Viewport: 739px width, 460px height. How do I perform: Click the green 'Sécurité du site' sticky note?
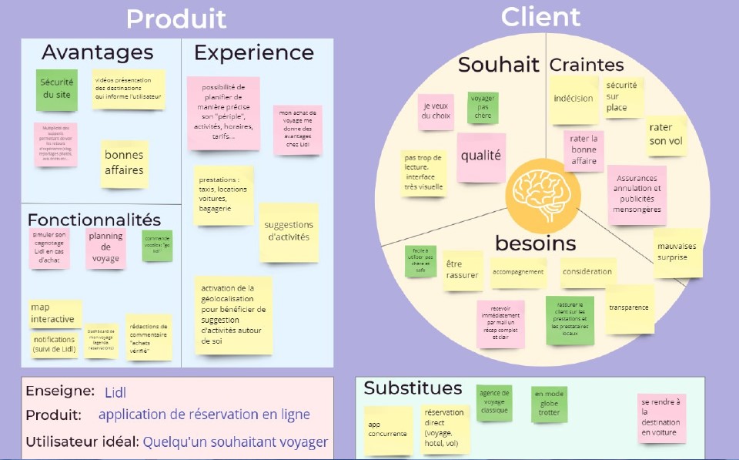[x=57, y=89]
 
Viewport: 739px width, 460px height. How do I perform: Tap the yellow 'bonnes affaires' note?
[x=124, y=163]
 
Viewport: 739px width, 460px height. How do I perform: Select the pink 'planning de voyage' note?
[x=105, y=247]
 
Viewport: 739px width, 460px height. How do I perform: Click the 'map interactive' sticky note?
[x=55, y=313]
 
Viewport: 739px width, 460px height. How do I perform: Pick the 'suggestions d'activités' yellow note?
[x=287, y=231]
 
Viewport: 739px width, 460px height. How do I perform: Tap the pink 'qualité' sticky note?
[x=481, y=156]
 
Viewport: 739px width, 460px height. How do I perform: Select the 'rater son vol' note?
[x=666, y=134]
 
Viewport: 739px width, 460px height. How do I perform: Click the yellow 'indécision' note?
[x=573, y=99]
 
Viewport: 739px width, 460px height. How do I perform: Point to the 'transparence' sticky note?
[x=629, y=308]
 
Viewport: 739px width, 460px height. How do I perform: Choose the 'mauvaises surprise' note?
[x=677, y=252]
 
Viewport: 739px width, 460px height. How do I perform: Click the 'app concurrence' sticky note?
[x=387, y=429]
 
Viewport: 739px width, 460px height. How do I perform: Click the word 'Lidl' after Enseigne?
[x=115, y=392]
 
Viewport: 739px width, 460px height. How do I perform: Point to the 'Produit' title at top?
[x=176, y=18]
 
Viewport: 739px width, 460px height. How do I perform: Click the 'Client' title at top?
[x=540, y=15]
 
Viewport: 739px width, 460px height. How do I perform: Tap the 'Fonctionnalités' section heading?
[x=94, y=220]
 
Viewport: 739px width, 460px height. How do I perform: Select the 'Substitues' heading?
[x=413, y=388]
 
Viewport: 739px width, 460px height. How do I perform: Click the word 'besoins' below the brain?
[x=535, y=243]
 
